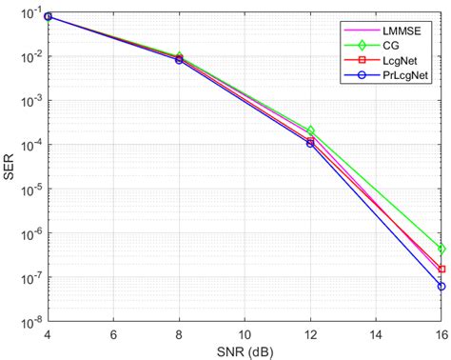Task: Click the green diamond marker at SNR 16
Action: (x=441, y=249)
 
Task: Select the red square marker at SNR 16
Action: (x=441, y=270)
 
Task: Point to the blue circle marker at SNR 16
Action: (x=441, y=286)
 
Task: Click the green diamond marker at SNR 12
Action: (x=310, y=130)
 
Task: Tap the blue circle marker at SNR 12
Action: (x=310, y=143)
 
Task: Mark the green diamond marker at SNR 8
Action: (x=179, y=57)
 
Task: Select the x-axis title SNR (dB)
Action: (x=245, y=351)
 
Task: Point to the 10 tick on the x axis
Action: (x=245, y=335)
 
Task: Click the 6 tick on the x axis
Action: (x=113, y=335)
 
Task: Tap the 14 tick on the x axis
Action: (x=376, y=335)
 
